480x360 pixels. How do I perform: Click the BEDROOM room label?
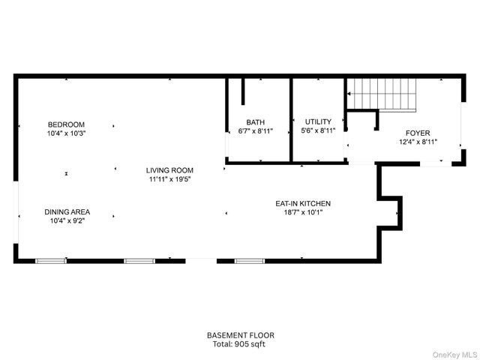click(x=67, y=124)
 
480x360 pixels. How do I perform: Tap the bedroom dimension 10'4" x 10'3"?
click(x=67, y=133)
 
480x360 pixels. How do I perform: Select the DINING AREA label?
click(x=67, y=212)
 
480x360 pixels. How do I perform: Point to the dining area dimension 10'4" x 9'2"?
click(x=67, y=221)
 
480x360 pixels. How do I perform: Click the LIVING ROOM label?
click(x=169, y=170)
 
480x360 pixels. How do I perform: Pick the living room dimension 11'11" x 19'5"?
click(x=169, y=179)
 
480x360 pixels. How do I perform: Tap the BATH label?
click(x=256, y=122)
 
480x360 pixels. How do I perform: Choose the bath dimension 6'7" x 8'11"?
click(x=256, y=131)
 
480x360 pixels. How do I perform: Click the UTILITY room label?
click(x=318, y=121)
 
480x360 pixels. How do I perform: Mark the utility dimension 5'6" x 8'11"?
click(x=318, y=130)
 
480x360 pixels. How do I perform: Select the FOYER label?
click(x=418, y=133)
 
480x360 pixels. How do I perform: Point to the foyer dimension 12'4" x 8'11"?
click(x=418, y=142)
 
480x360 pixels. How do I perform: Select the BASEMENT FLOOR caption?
click(x=241, y=335)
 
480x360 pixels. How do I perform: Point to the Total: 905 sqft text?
click(x=241, y=344)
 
